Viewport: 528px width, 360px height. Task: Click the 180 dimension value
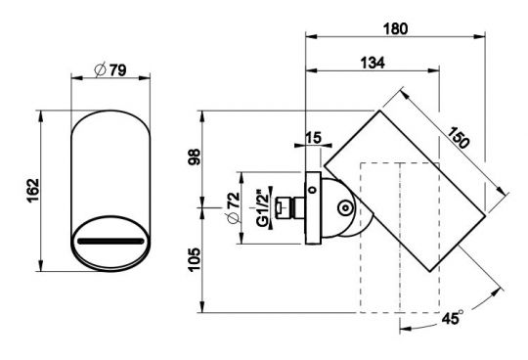395,29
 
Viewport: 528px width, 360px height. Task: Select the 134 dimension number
373,63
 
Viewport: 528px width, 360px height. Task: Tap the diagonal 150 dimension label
458,137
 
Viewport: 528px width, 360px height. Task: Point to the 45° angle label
453,317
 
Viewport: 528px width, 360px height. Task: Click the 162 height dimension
33,191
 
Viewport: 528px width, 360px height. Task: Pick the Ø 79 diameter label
110,70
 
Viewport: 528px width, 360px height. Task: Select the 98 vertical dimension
195,157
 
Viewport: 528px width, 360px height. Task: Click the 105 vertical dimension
195,259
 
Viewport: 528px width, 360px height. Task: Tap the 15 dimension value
313,138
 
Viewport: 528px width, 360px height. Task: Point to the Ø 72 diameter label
234,207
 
